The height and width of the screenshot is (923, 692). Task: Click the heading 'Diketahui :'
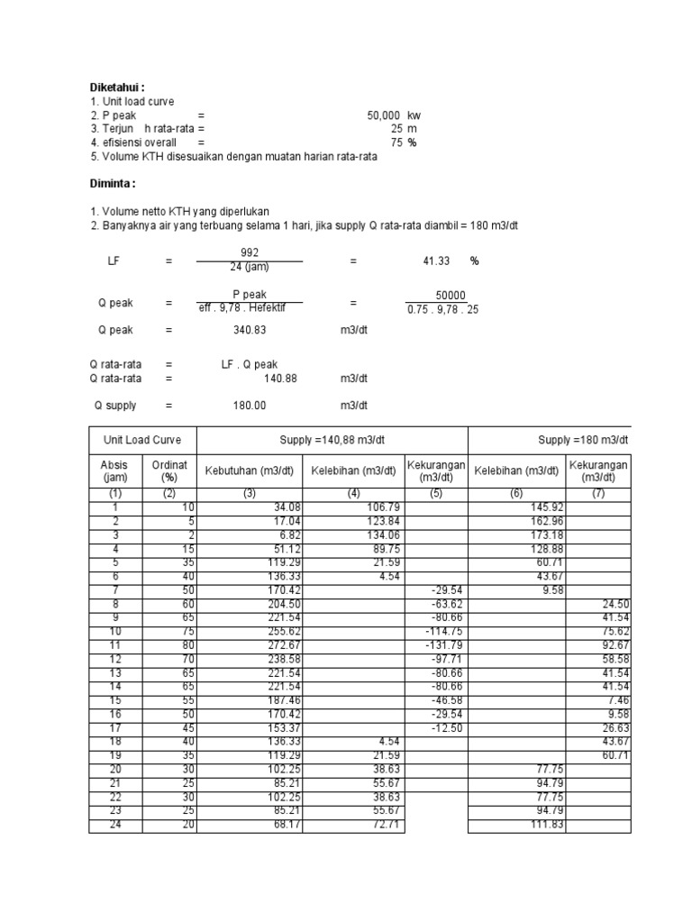coord(117,87)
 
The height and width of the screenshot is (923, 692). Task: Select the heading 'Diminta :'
coord(113,184)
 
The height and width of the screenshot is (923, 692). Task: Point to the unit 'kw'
coord(414,116)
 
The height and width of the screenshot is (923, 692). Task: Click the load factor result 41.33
coord(436,260)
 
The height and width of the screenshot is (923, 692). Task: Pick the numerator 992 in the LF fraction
coord(250,252)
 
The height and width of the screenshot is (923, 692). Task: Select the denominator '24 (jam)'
coord(250,267)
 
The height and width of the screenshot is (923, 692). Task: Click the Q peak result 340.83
coord(251,330)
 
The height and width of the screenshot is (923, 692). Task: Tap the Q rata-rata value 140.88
coord(279,379)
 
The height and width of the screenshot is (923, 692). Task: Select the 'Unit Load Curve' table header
coord(142,440)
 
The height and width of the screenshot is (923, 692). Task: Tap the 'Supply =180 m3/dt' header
coord(583,440)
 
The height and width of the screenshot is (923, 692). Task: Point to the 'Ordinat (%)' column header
coord(169,471)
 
